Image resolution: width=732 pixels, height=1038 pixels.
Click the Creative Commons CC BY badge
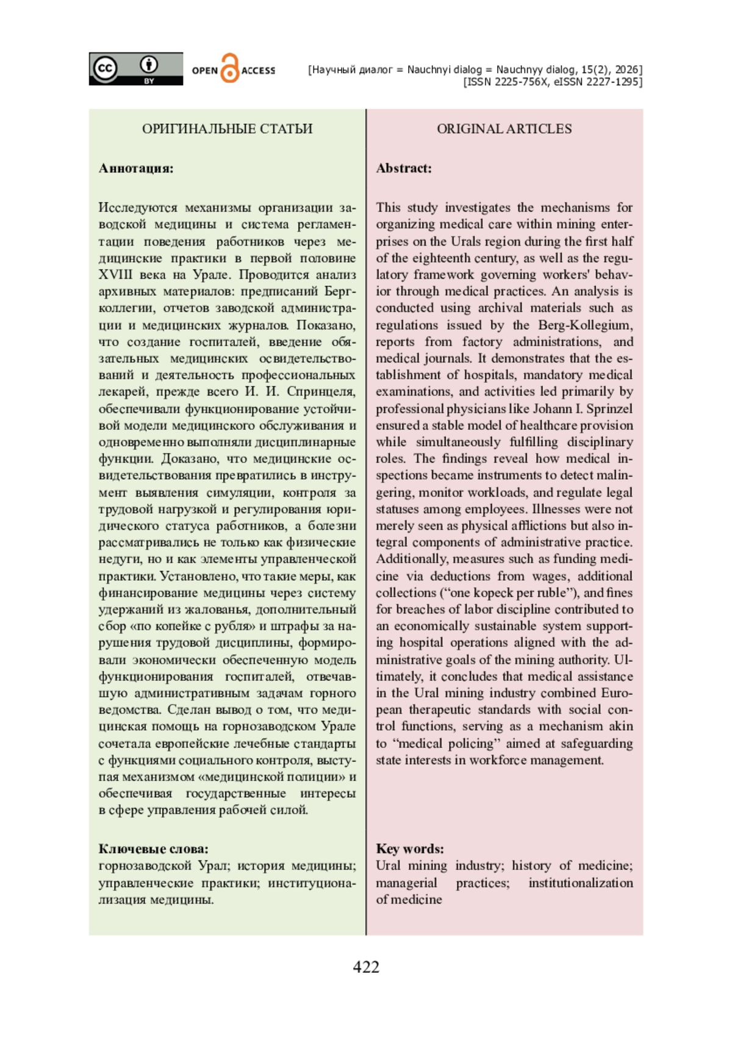click(x=135, y=69)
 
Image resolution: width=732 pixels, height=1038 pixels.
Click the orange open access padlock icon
click(x=229, y=69)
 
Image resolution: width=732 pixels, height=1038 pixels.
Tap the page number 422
click(x=366, y=967)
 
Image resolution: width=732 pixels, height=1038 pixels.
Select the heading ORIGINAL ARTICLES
click(x=504, y=129)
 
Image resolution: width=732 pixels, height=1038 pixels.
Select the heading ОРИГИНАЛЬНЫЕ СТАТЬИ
click(x=227, y=129)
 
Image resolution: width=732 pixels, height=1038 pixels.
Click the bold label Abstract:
click(x=404, y=168)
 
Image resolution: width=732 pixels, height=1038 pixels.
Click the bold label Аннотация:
click(x=136, y=168)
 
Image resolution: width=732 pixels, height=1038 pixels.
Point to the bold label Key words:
click(x=410, y=848)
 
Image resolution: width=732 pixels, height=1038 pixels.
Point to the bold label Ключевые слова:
click(x=153, y=848)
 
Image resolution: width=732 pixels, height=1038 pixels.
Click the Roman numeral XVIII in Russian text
click(x=115, y=274)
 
